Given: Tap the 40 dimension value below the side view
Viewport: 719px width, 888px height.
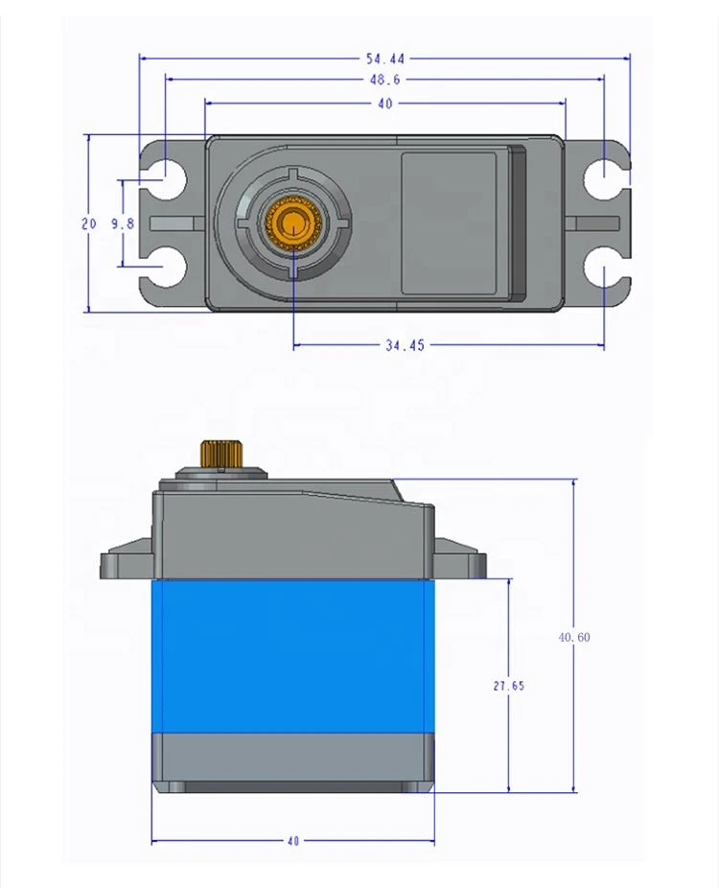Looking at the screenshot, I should coord(293,841).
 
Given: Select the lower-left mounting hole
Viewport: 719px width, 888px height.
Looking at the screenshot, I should coord(170,269).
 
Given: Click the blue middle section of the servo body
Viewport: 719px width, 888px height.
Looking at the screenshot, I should coord(292,657).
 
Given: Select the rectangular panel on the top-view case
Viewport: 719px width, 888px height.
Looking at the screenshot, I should coord(449,222).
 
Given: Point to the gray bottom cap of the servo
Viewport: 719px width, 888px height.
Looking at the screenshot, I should coord(292,762).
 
